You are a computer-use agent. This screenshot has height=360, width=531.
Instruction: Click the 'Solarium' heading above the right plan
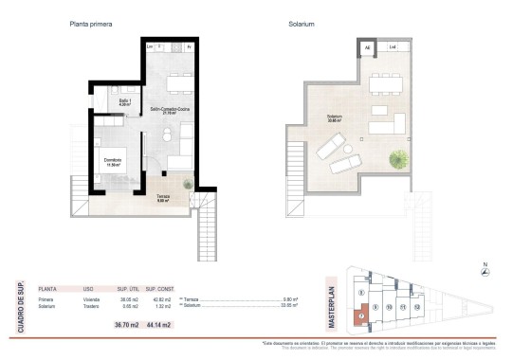[x=302, y=24]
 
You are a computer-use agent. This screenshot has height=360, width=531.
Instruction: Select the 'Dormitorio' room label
[x=113, y=160]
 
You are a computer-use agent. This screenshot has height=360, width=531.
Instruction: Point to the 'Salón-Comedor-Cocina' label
[x=171, y=110]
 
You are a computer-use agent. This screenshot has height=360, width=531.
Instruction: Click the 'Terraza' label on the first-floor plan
[x=164, y=196]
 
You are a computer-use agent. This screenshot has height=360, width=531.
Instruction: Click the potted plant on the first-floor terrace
[x=190, y=182]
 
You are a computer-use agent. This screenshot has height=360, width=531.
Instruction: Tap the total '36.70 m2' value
[x=127, y=325]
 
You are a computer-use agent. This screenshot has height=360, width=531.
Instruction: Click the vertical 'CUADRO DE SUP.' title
[x=21, y=304]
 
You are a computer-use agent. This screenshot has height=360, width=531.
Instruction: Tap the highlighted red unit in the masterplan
[x=360, y=315]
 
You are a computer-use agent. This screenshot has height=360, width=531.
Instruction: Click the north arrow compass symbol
[x=486, y=274]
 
